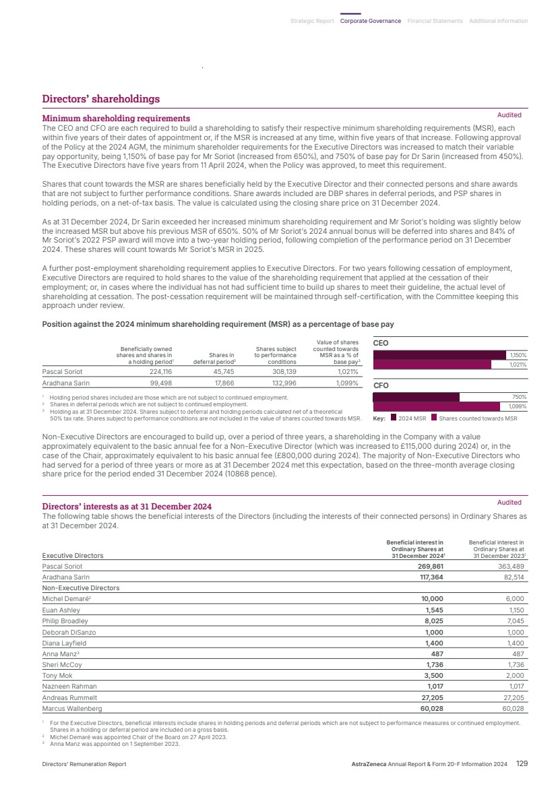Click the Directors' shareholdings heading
click(x=101, y=99)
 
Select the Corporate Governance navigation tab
click(x=370, y=21)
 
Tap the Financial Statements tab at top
click(x=435, y=21)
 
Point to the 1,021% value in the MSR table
click(x=346, y=371)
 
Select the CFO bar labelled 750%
click(x=416, y=397)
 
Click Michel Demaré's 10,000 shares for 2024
click(x=431, y=598)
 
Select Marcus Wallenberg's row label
click(x=72, y=709)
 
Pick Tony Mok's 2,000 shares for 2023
click(x=513, y=676)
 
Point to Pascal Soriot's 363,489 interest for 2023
click(x=509, y=567)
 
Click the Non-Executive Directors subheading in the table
click(x=81, y=588)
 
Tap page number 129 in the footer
click(x=522, y=763)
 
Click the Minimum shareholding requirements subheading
click(x=116, y=119)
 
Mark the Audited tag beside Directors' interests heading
click(x=509, y=502)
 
